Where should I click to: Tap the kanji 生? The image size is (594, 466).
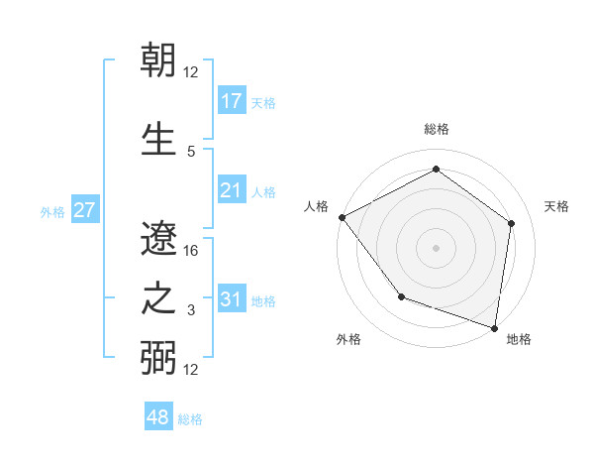[x=158, y=136]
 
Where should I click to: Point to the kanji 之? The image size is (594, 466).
[x=158, y=297]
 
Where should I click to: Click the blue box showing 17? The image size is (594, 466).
[x=231, y=100]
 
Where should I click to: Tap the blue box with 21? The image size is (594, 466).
[x=231, y=189]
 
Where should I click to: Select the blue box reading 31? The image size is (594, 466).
[x=231, y=299]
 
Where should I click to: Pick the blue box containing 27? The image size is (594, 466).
[x=84, y=210]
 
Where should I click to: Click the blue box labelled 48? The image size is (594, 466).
[x=157, y=417]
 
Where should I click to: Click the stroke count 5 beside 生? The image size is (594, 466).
[x=191, y=151]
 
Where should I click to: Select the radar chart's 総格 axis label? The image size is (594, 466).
[x=436, y=129]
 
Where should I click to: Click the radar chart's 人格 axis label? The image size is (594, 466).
[x=316, y=206]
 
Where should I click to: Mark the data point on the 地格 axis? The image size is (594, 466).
[x=495, y=327]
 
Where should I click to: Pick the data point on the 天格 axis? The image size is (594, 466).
[x=511, y=223]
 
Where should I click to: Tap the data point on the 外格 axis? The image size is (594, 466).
[x=401, y=295]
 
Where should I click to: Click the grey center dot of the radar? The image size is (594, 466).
[x=436, y=247]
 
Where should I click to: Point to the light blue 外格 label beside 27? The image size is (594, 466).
[x=52, y=211]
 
